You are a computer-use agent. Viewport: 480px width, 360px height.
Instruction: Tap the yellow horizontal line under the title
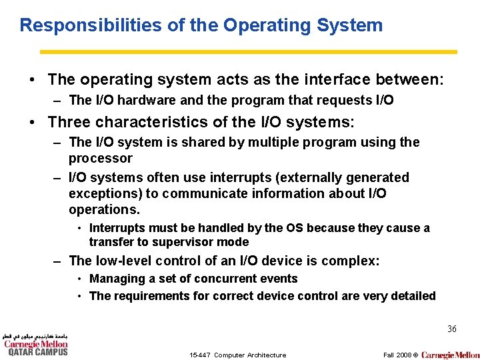pos(248,51)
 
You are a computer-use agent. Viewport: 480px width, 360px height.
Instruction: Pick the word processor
pos(101,159)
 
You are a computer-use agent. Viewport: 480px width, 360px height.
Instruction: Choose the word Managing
pos(117,279)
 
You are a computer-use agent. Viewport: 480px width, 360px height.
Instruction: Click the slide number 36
pos(451,329)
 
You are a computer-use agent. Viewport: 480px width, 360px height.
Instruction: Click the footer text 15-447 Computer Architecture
pos(237,355)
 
